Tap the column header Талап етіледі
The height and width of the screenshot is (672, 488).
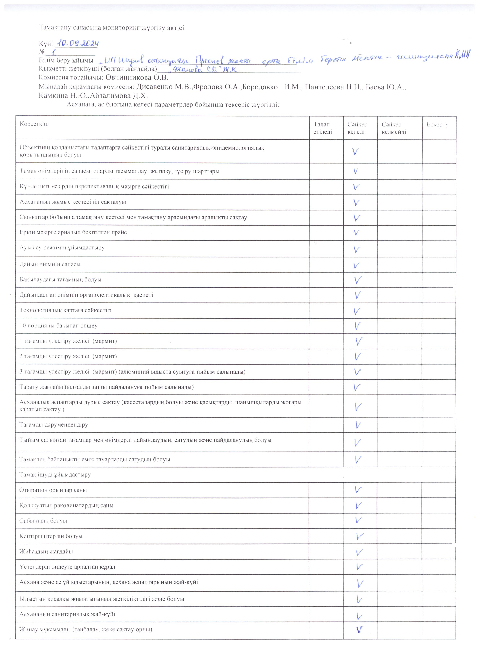click(322, 128)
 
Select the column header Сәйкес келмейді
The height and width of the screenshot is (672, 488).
click(394, 128)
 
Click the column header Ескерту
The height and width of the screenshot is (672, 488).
click(437, 125)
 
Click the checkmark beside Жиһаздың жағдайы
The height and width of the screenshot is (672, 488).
click(359, 552)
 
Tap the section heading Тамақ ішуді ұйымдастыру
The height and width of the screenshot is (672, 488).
click(55, 475)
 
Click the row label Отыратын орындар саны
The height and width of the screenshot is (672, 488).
click(53, 490)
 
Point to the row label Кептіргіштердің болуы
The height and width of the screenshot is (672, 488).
click(51, 536)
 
